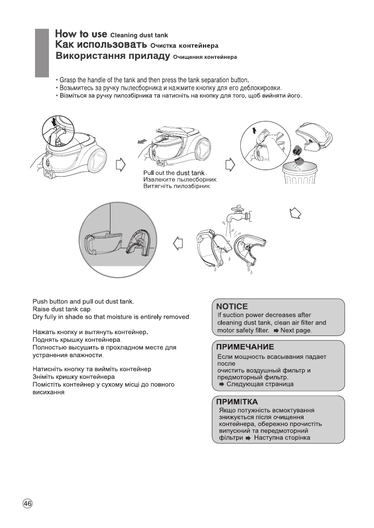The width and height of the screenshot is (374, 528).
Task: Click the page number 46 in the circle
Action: (x=27, y=504)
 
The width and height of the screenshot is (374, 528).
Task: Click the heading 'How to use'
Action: (x=81, y=34)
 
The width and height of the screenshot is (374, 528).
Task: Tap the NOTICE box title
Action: (x=232, y=307)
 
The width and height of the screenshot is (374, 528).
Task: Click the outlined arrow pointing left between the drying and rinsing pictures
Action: (x=178, y=243)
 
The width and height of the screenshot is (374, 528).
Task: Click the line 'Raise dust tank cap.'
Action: (x=62, y=310)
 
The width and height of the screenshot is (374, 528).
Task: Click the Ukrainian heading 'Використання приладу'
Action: (x=113, y=57)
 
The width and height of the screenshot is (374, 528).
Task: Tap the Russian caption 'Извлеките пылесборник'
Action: (x=179, y=180)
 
